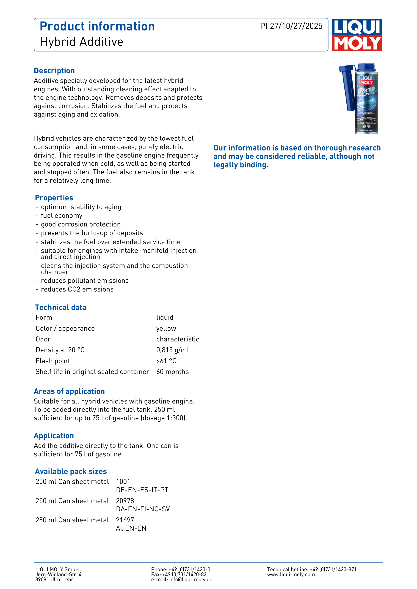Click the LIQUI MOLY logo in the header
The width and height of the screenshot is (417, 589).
[x=357, y=35]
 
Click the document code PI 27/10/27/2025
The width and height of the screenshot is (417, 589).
[x=291, y=26]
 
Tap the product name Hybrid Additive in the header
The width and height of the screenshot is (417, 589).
[x=81, y=42]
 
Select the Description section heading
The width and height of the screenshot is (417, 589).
[x=54, y=71]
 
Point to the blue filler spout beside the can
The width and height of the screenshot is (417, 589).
[x=347, y=87]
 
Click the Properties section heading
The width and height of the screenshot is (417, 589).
[x=54, y=198]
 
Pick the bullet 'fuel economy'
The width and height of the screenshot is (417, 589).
[x=62, y=215]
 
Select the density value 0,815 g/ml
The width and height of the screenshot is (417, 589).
[x=173, y=350]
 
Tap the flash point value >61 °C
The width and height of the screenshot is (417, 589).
[x=166, y=361]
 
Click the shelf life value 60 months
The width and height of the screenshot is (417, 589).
[x=172, y=371]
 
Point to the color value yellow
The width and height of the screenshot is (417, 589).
[x=166, y=328]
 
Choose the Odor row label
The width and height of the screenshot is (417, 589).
[x=43, y=339]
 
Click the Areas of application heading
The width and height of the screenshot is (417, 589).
[x=69, y=391]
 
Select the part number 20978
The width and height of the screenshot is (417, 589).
[x=125, y=501]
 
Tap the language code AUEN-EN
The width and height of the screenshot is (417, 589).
[x=131, y=528]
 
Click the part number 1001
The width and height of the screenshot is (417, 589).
[x=123, y=482]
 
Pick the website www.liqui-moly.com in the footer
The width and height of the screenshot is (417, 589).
[x=291, y=574]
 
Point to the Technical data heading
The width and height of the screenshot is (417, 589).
[x=61, y=307]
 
